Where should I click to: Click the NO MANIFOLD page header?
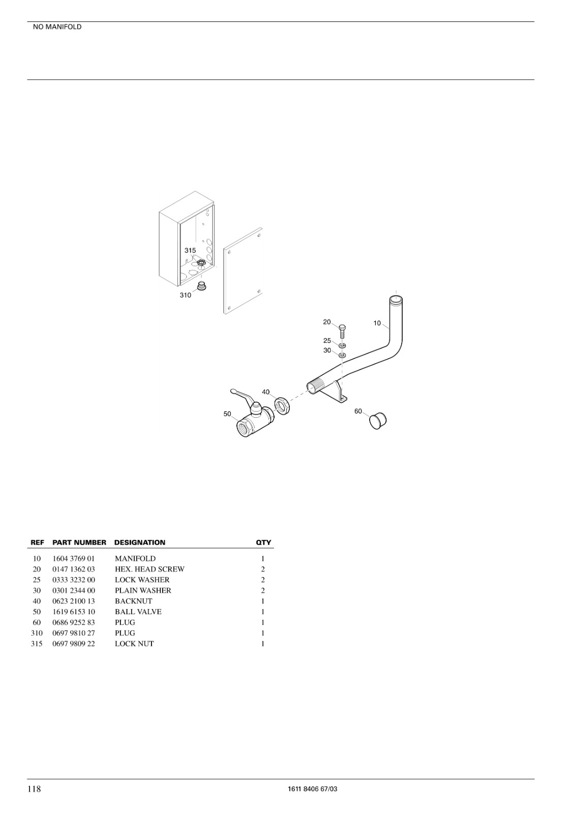(x=57, y=27)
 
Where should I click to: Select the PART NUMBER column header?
(x=79, y=542)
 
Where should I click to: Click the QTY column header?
(x=263, y=542)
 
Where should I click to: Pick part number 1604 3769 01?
(x=73, y=559)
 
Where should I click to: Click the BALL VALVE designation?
(x=138, y=612)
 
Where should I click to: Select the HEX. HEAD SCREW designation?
(x=149, y=569)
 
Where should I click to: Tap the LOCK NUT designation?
(x=134, y=644)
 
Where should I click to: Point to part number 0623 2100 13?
(x=74, y=601)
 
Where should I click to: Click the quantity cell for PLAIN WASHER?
(x=263, y=591)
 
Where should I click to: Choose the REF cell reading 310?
(x=37, y=633)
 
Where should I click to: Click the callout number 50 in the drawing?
(x=227, y=414)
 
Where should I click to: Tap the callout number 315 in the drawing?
(x=190, y=250)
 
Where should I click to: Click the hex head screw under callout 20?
(x=342, y=330)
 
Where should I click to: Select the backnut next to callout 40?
(x=283, y=406)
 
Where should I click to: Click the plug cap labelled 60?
(x=378, y=420)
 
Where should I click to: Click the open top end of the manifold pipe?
(x=396, y=300)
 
